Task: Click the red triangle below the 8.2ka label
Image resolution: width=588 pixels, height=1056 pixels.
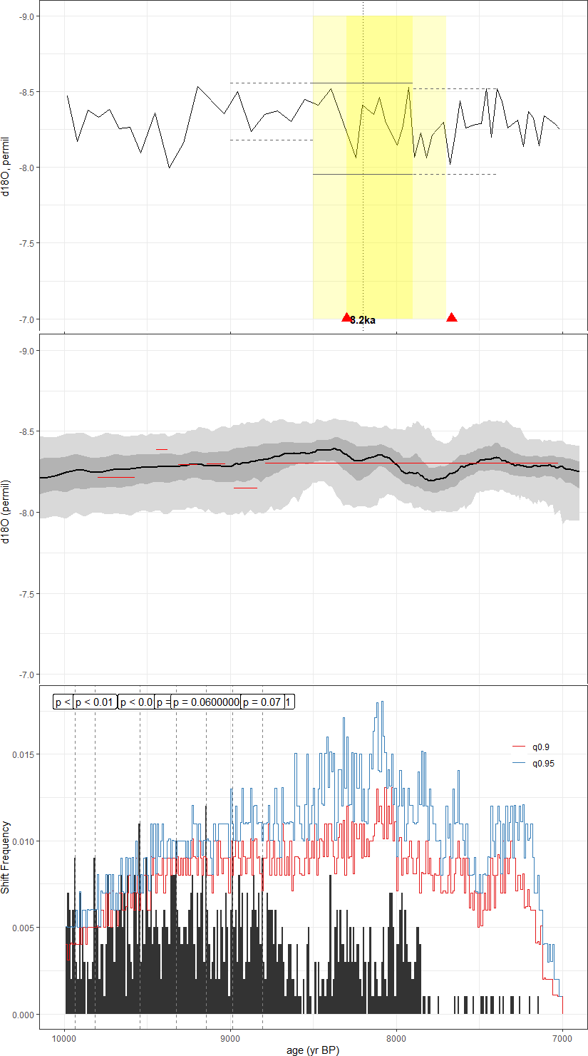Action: (346, 317)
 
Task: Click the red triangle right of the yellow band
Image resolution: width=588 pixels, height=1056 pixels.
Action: (451, 317)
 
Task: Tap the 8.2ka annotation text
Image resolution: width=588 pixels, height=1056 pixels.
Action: (363, 320)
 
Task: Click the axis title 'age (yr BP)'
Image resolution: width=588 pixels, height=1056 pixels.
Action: (314, 1050)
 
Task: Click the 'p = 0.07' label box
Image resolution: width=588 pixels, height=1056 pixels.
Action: (263, 702)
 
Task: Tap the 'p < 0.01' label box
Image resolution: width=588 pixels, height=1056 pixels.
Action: (95, 702)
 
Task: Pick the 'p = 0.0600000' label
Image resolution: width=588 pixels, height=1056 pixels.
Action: (206, 702)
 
